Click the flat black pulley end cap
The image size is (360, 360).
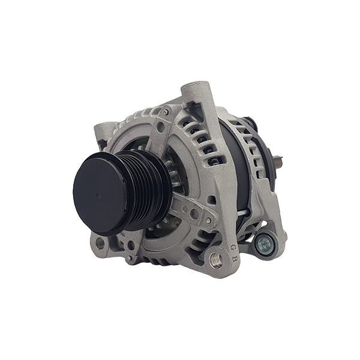point(100,194)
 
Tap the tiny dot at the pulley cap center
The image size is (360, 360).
point(98,195)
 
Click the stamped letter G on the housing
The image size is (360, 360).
point(233,247)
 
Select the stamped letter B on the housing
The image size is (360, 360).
point(235,259)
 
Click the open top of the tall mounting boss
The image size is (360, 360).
point(197,85)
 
